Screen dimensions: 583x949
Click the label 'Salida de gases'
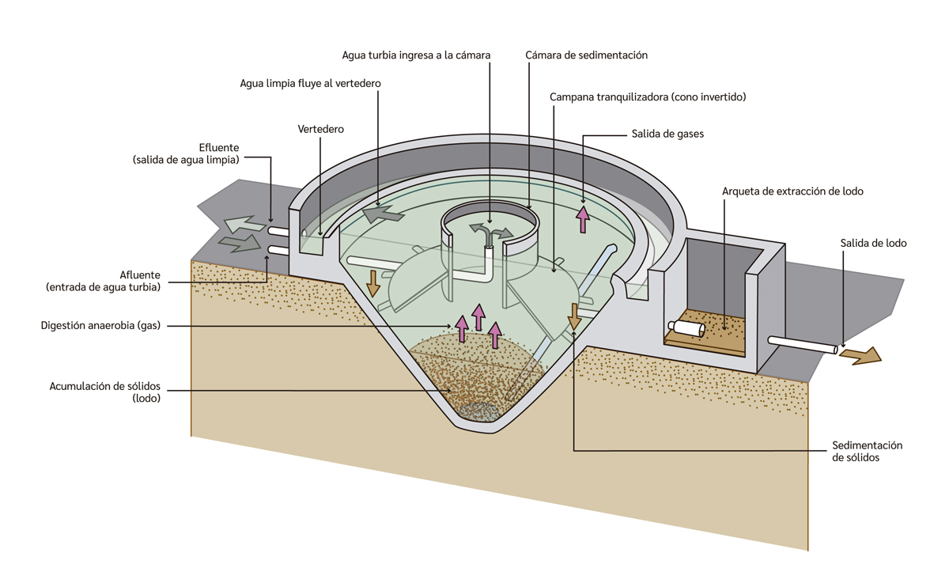tap(667, 134)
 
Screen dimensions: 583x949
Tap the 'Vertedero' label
tap(320, 129)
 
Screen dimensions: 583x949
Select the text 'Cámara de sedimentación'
tap(586, 55)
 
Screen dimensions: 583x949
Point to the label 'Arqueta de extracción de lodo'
tap(792, 191)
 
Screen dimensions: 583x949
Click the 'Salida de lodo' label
tap(873, 243)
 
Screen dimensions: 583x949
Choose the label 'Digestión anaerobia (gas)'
tap(100, 325)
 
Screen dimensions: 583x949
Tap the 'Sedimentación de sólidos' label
tap(868, 452)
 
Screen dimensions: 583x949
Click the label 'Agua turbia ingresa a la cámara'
tap(416, 55)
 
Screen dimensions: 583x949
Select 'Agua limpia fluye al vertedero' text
tap(311, 83)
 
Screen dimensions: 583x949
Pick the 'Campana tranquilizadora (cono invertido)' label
tap(648, 97)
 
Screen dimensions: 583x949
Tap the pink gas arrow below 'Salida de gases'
tap(583, 218)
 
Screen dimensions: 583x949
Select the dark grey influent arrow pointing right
tap(240, 243)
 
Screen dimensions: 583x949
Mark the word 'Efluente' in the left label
tap(219, 148)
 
